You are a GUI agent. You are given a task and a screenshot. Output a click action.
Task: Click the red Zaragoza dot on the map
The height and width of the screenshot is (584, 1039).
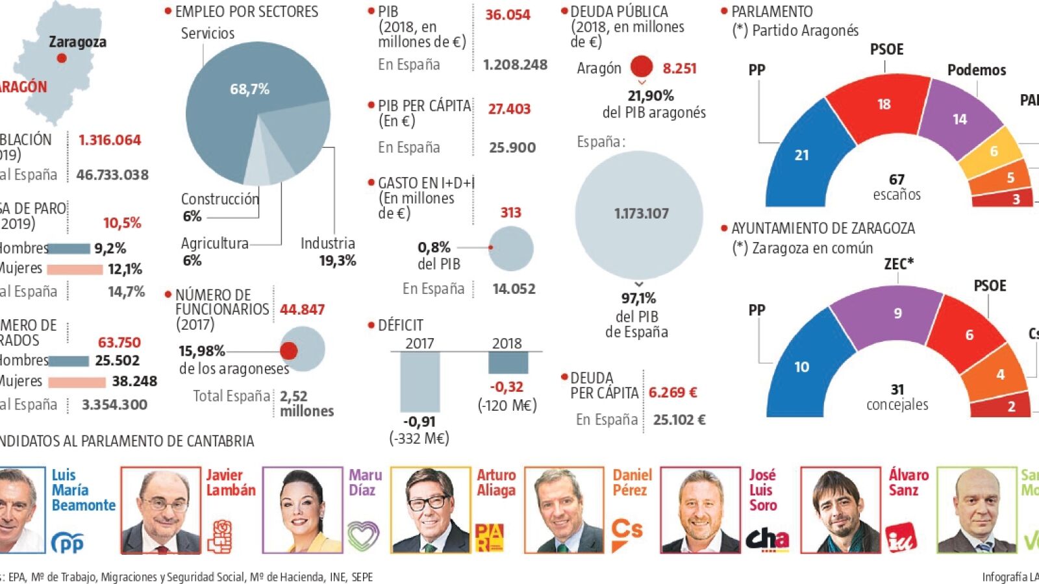click(62, 58)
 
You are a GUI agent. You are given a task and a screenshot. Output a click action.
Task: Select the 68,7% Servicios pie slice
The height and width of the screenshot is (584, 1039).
click(240, 97)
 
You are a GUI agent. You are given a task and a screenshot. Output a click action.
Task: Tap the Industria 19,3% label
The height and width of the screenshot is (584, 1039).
click(328, 252)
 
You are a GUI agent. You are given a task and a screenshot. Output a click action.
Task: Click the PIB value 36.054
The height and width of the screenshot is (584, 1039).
click(507, 15)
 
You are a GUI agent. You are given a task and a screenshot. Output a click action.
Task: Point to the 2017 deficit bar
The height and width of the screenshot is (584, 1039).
click(419, 381)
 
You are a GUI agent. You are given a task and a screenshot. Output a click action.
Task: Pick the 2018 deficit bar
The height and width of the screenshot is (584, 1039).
click(508, 363)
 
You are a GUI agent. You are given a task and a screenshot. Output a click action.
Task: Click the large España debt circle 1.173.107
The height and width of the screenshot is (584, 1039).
click(640, 214)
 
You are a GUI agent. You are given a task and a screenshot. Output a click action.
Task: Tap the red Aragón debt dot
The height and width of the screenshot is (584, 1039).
click(641, 67)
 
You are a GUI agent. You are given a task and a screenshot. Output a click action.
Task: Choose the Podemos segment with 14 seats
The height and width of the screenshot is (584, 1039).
click(957, 119)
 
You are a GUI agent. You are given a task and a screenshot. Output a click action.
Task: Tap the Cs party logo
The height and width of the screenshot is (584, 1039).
click(627, 533)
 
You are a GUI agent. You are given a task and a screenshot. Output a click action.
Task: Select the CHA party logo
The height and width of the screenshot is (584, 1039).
click(766, 539)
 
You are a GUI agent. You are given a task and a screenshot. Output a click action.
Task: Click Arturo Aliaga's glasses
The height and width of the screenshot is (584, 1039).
click(427, 502)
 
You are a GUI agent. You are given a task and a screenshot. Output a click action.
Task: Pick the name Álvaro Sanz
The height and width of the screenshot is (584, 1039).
click(908, 482)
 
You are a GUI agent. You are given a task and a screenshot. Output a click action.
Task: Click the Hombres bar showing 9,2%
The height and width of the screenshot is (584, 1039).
click(68, 249)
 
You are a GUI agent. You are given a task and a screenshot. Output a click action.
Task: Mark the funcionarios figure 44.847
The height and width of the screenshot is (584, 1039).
click(302, 310)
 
